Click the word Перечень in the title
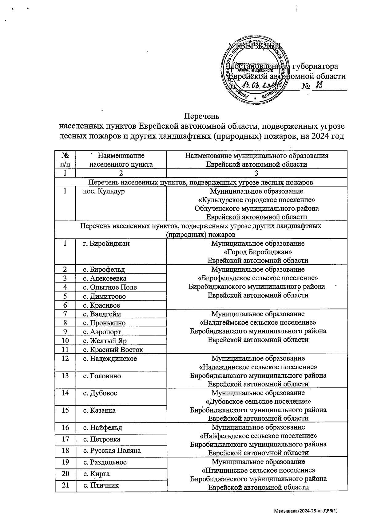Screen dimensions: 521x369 pyautogui.click(x=201, y=116)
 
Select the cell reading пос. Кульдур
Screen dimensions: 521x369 pyautogui.click(x=104, y=192)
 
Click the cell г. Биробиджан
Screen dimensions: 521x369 pyautogui.click(x=106, y=243)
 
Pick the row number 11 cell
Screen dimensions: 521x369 pyautogui.click(x=65, y=349)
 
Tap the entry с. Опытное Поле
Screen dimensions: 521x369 pyautogui.click(x=110, y=287)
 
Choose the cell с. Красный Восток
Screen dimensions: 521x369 pyautogui.click(x=113, y=350)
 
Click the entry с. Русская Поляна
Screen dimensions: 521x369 pyautogui.click(x=112, y=451)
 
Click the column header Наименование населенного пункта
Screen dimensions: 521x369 pyautogui.click(x=121, y=160)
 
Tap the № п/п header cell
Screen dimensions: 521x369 pyautogui.click(x=65, y=160)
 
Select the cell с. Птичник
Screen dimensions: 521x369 pyautogui.click(x=101, y=485)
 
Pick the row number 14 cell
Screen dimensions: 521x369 pyautogui.click(x=65, y=393)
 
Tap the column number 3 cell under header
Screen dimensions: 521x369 pyautogui.click(x=257, y=173)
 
